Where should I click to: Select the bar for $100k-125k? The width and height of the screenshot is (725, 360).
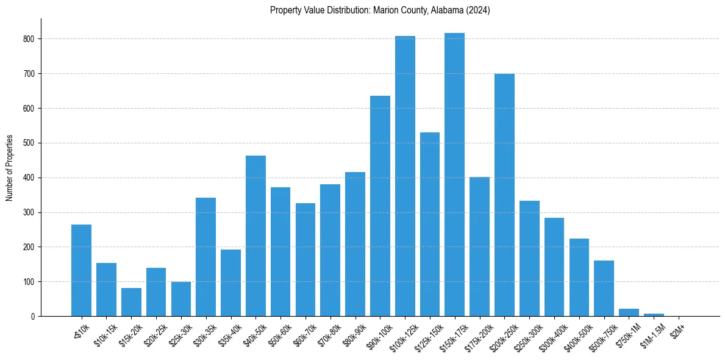click(405, 176)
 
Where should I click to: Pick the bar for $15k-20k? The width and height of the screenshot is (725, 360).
click(131, 303)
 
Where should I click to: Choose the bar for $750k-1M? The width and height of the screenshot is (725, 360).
click(629, 313)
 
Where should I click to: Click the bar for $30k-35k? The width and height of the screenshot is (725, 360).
click(205, 257)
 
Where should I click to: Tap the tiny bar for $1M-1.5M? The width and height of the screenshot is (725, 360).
click(654, 315)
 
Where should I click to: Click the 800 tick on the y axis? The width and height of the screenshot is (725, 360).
click(29, 39)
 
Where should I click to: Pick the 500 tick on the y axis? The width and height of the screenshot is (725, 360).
click(29, 143)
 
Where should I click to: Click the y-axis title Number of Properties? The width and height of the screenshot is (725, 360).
click(9, 168)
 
